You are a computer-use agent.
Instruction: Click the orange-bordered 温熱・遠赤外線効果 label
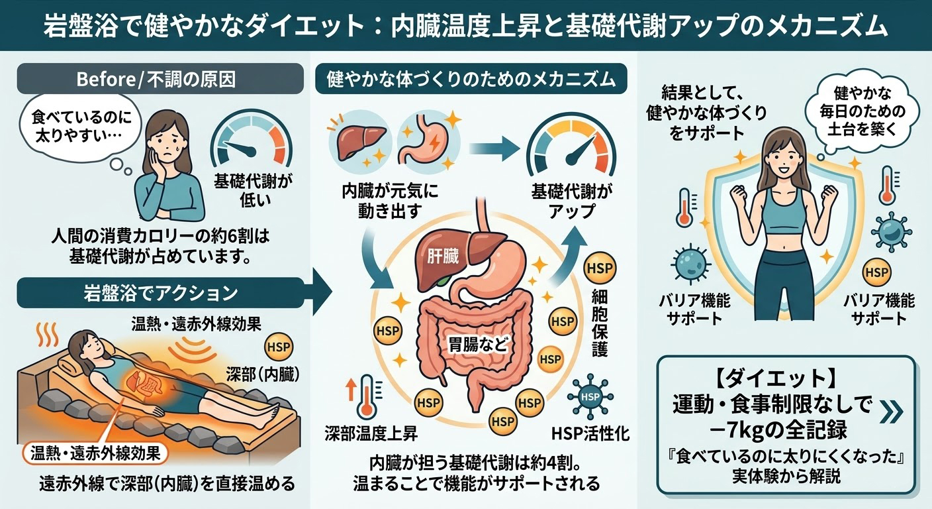coord(95,453)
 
